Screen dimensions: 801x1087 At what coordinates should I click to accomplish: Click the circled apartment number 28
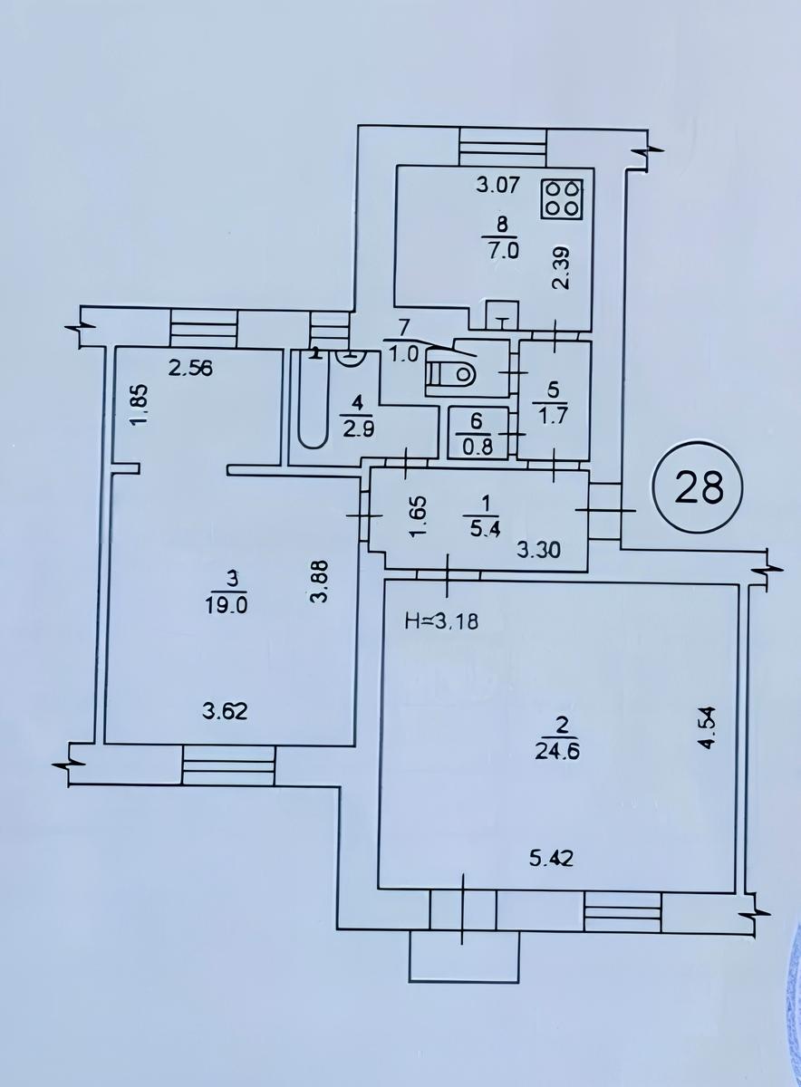(699, 487)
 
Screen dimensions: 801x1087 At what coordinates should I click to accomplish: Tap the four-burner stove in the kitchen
(562, 199)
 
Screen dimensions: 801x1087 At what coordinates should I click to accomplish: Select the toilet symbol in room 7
(450, 373)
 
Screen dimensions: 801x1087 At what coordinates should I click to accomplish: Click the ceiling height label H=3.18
(441, 622)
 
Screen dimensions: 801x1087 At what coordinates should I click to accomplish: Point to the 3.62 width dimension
(225, 711)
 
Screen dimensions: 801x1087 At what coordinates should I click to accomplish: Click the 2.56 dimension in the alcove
(189, 370)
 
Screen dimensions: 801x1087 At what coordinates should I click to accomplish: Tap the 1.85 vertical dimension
(138, 405)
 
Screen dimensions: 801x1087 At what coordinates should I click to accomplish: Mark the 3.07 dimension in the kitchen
(497, 185)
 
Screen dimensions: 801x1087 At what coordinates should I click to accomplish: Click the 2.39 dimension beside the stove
(562, 268)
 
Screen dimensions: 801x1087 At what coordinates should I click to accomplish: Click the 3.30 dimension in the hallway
(539, 550)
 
